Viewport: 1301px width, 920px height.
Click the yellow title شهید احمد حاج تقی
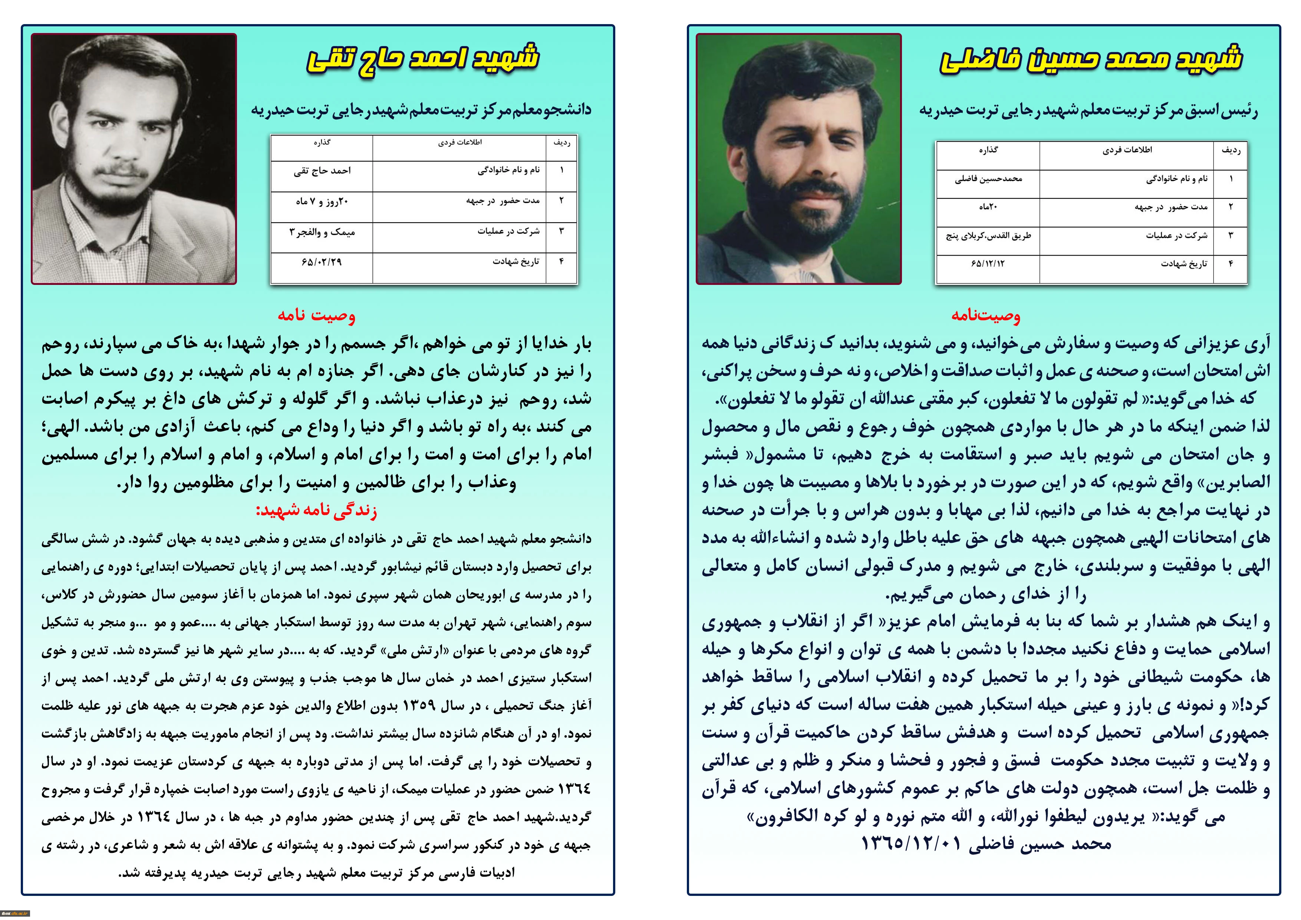pos(423,59)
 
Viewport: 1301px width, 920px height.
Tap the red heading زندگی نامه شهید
pos(316,510)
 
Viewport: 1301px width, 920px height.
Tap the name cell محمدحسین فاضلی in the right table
pos(988,178)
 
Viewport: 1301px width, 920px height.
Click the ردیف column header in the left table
pos(561,143)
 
